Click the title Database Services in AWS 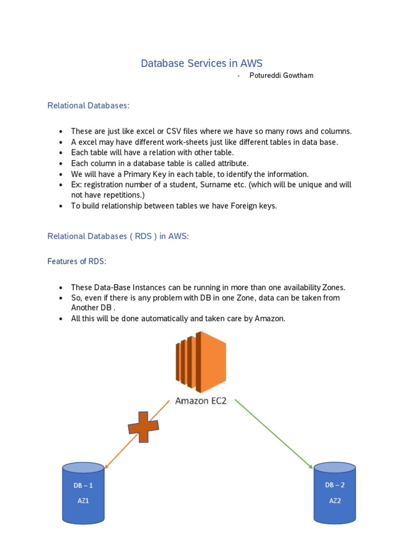[201, 64]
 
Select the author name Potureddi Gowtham [281, 75]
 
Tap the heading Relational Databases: [88, 105]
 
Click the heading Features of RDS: [77, 261]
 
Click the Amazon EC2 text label [201, 401]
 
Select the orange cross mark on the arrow [143, 426]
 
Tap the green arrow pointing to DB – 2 [274, 434]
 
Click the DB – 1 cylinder [83, 492]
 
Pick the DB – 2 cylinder [335, 492]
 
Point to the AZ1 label [83, 501]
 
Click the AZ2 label [335, 501]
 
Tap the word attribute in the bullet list [233, 163]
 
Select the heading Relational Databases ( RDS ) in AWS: [118, 236]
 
